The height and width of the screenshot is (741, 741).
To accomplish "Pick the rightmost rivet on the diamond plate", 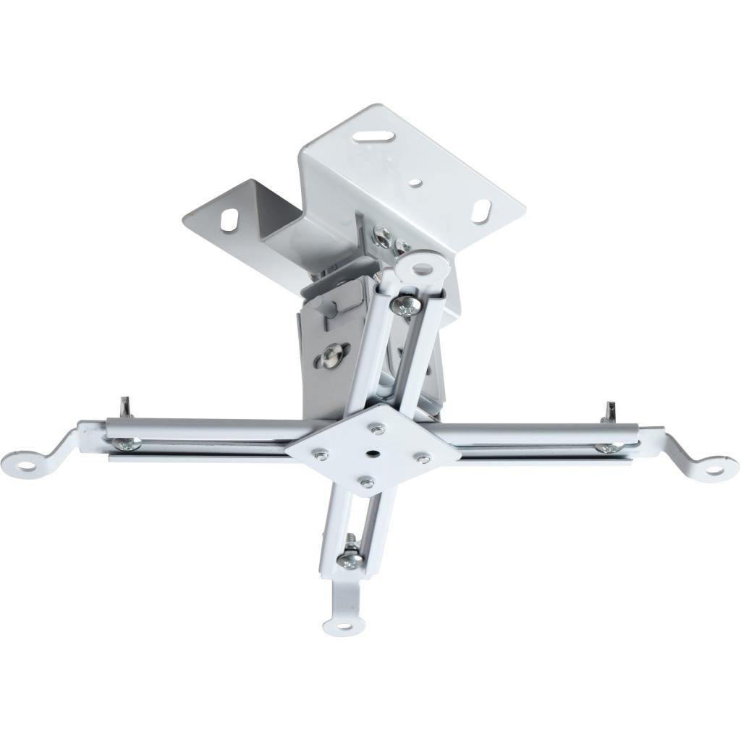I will [x=423, y=457].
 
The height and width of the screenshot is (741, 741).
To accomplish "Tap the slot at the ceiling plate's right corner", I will [x=482, y=211].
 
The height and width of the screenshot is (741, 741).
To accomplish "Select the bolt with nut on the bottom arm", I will [x=351, y=556].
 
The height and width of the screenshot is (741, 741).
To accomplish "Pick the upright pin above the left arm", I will [x=124, y=407].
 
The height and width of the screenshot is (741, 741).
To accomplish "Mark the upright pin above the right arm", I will [x=609, y=411].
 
